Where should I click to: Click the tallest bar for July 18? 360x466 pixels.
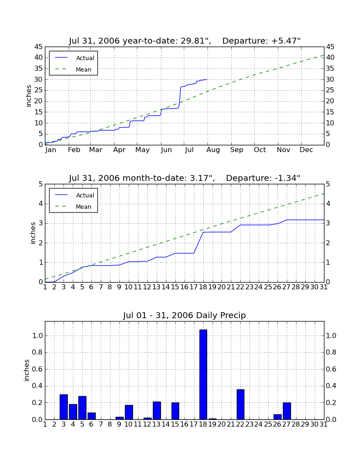(x=203, y=374)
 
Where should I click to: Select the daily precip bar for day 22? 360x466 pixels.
(x=240, y=404)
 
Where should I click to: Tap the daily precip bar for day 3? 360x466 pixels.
(x=64, y=407)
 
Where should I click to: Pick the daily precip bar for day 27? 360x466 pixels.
(x=287, y=411)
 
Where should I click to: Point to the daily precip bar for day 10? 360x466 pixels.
(x=129, y=412)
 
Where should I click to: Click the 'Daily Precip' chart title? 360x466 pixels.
(x=185, y=315)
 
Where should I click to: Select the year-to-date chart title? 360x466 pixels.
(x=185, y=41)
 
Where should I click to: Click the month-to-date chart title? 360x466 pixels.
(x=185, y=178)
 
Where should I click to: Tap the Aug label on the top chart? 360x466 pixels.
(x=213, y=150)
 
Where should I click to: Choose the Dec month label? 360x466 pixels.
(x=306, y=150)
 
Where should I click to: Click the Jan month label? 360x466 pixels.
(x=50, y=150)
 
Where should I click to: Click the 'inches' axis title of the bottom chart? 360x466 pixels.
(x=27, y=370)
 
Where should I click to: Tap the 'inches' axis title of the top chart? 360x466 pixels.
(x=28, y=96)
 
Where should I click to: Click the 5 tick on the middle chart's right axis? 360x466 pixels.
(x=328, y=184)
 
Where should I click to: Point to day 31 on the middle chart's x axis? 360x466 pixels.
(x=324, y=287)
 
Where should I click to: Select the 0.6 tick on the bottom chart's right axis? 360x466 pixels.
(x=331, y=369)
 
